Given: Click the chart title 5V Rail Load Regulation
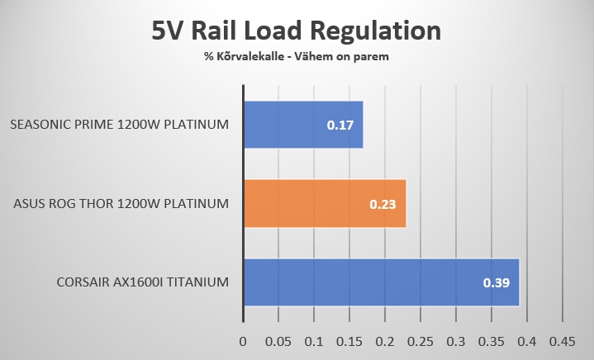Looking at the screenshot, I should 297,31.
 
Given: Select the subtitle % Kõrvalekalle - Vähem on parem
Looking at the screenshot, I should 297,57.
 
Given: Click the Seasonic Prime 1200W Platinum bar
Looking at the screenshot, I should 302,125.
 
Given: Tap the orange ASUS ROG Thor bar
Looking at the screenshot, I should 324,203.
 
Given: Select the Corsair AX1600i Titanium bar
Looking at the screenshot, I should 381,282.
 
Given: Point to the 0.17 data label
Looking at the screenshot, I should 340,126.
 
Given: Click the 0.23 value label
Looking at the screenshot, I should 383,204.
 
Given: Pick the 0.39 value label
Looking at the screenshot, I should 497,283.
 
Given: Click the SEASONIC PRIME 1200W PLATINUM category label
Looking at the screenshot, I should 120,126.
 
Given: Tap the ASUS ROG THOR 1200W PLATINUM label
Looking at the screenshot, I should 121,204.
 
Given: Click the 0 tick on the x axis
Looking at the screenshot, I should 243,341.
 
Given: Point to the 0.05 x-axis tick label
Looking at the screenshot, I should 278,341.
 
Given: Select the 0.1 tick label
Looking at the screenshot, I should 314,341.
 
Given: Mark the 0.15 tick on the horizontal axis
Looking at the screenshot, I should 349,341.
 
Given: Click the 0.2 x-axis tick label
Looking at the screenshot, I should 385,341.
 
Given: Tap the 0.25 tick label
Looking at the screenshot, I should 421,341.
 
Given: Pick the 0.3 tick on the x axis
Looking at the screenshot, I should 456,341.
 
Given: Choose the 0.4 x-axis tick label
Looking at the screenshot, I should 526,341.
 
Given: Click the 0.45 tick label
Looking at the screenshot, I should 562,341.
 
